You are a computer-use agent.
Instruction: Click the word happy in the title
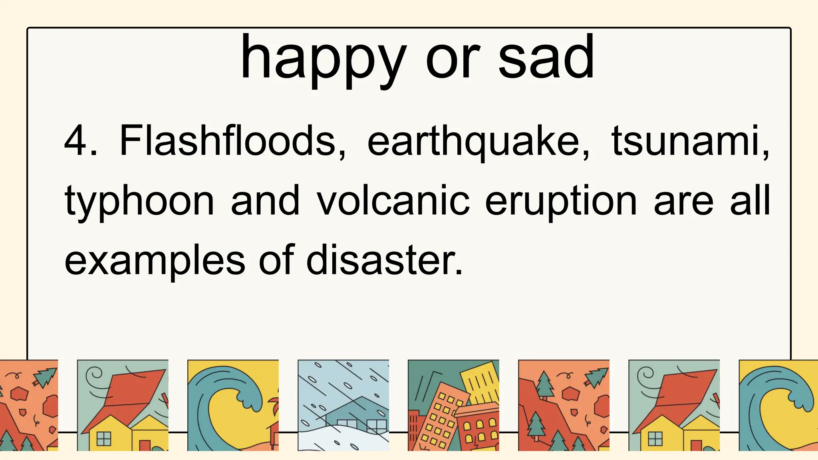coord(323,60)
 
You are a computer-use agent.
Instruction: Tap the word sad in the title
coord(546,58)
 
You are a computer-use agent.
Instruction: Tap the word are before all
coord(683,202)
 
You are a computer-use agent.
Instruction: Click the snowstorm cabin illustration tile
coord(343,405)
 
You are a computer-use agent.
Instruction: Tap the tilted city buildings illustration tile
coord(453,405)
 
